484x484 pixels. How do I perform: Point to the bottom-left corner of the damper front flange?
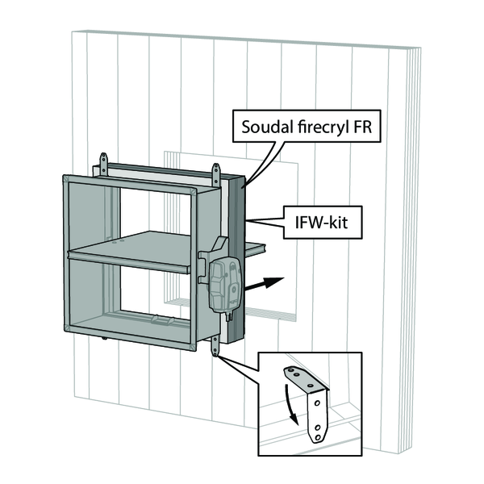click(x=66, y=328)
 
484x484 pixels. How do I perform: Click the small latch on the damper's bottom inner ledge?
click(x=162, y=321)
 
